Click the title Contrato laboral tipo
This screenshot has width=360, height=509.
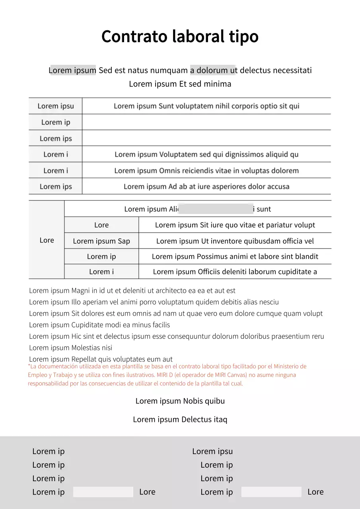point(180,37)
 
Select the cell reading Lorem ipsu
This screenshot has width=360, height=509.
point(56,106)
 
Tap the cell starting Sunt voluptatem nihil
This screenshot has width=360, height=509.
point(206,106)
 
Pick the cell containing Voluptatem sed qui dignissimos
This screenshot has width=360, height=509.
point(206,154)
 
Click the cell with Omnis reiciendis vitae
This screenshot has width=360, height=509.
point(206,171)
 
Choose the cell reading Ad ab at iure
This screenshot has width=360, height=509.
point(206,187)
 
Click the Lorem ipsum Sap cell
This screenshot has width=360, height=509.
point(101,241)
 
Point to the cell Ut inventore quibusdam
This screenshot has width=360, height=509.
point(235,241)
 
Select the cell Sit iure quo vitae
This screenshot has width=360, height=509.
point(235,225)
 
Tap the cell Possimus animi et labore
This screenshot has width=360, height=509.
point(235,256)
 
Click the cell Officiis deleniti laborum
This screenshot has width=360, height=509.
point(235,272)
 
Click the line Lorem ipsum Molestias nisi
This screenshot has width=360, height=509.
point(71,348)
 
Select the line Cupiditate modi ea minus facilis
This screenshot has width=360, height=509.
point(99,325)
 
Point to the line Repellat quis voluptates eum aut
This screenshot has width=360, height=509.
point(101,359)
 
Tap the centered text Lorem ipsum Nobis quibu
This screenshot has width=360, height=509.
point(180,401)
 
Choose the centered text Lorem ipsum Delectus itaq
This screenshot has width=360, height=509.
point(180,420)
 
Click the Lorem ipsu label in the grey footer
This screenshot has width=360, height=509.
point(212,451)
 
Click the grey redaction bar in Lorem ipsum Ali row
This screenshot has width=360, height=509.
point(216,209)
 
